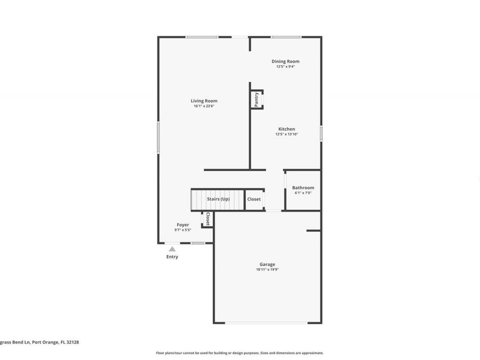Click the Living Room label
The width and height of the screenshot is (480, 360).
click(204, 101)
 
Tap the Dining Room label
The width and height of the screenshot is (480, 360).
click(285, 61)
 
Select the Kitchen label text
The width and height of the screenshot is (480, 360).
click(286, 129)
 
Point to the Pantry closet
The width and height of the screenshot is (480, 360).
click(257, 100)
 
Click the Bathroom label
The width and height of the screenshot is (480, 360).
click(303, 188)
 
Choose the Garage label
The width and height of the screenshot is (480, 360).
click(267, 265)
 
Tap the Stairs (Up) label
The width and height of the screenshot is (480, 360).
click(218, 199)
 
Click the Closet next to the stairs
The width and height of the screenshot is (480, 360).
click(254, 199)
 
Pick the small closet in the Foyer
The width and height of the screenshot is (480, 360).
click(207, 219)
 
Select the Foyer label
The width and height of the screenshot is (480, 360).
click(183, 225)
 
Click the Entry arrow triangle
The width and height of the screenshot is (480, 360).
click(172, 249)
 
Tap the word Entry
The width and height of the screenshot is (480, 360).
click(172, 257)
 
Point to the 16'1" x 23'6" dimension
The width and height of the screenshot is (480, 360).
click(204, 106)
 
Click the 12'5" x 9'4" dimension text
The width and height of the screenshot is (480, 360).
click(285, 67)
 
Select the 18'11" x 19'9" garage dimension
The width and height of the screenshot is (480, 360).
click(267, 270)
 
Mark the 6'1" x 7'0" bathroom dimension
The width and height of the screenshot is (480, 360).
click(303, 193)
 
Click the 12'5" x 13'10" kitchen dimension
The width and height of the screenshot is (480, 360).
click(286, 134)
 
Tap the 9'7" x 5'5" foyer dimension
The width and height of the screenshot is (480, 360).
click(183, 230)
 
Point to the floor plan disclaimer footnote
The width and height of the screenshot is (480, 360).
click(239, 353)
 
